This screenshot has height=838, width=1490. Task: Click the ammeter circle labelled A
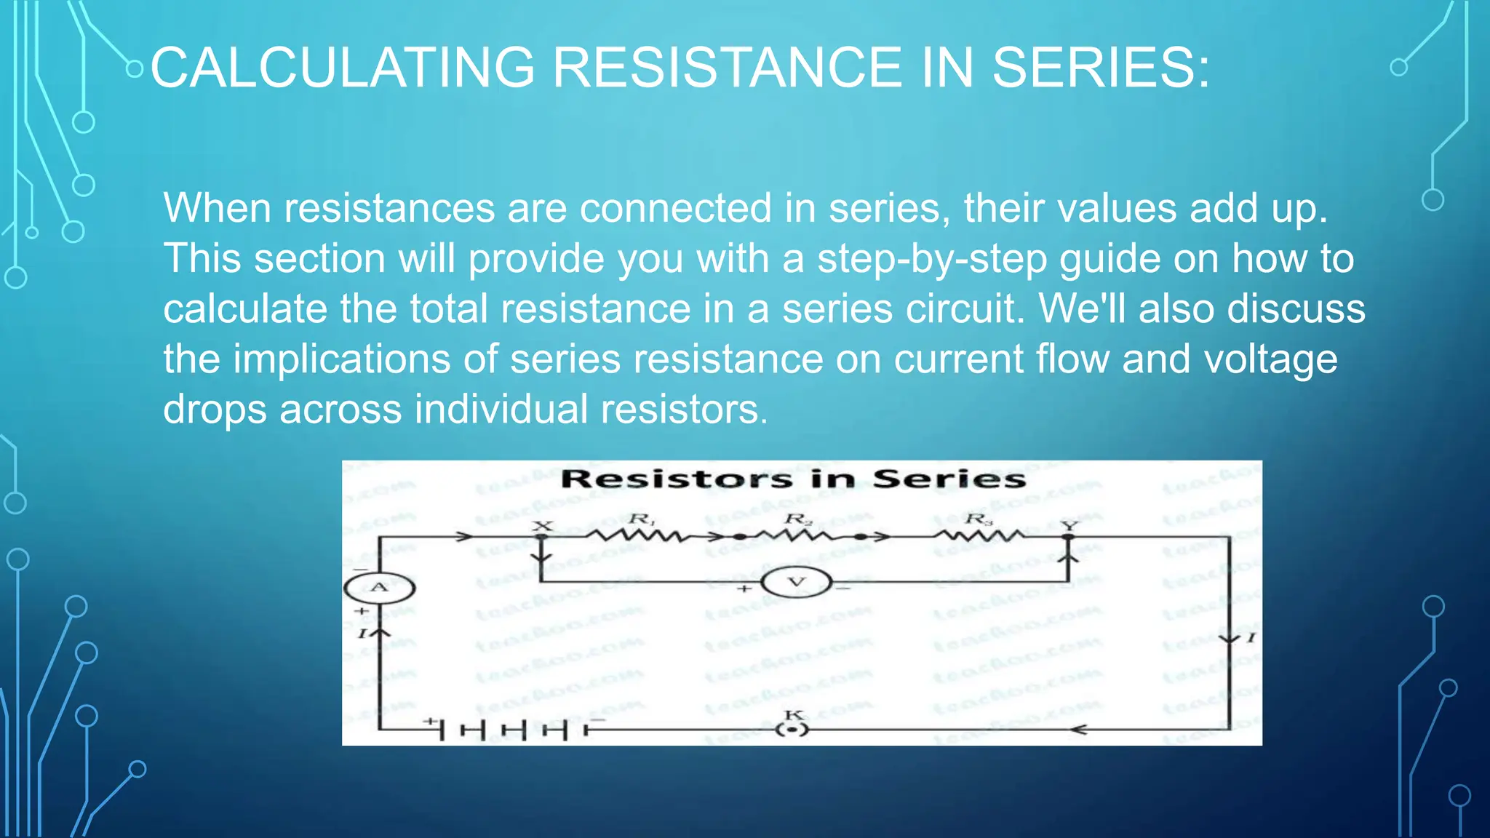click(379, 588)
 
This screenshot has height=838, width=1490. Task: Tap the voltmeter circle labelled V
click(797, 583)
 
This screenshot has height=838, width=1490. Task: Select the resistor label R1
click(642, 519)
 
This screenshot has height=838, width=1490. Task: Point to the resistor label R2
click(798, 519)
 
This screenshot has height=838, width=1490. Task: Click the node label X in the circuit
click(543, 526)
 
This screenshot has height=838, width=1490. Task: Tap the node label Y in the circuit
click(1069, 525)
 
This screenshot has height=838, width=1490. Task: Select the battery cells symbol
click(513, 729)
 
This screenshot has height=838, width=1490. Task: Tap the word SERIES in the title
click(1101, 68)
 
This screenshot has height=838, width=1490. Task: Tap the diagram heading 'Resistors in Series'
click(793, 479)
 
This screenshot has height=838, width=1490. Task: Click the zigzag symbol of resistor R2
click(798, 537)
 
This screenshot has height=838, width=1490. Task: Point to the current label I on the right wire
click(1251, 638)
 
